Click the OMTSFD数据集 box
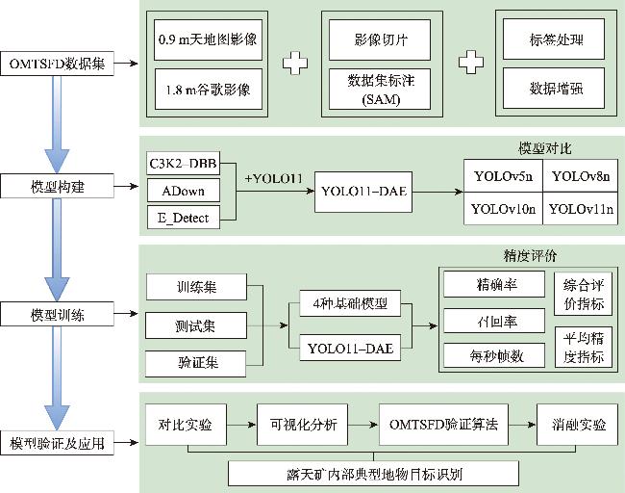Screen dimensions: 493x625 pos(58,64)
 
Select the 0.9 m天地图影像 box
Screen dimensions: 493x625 pos(209,40)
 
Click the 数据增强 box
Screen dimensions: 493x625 pos(556,89)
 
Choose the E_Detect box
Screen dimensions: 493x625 pos(184,218)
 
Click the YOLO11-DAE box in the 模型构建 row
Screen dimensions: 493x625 pos(361,193)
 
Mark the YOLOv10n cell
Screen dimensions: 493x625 pos(502,208)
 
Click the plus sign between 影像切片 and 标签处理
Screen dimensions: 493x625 pos(468,64)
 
